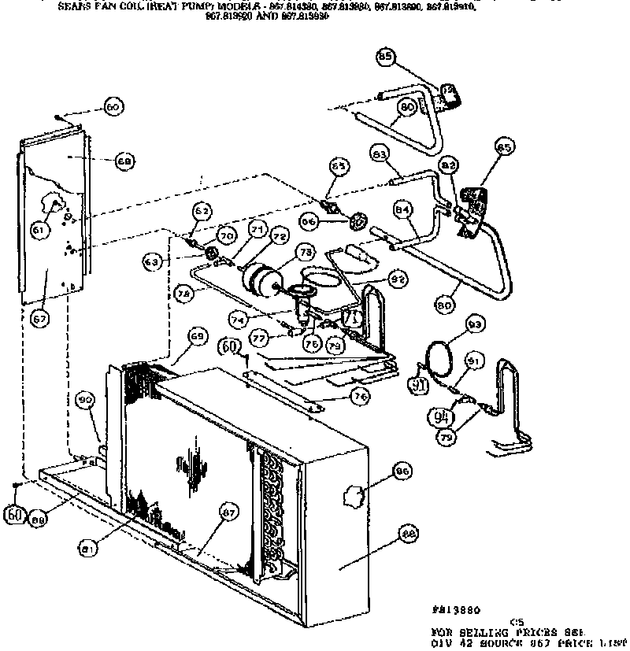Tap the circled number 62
202,211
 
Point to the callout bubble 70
228,235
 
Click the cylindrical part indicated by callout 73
260,279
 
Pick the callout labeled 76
360,397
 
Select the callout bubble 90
85,401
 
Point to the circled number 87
228,513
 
